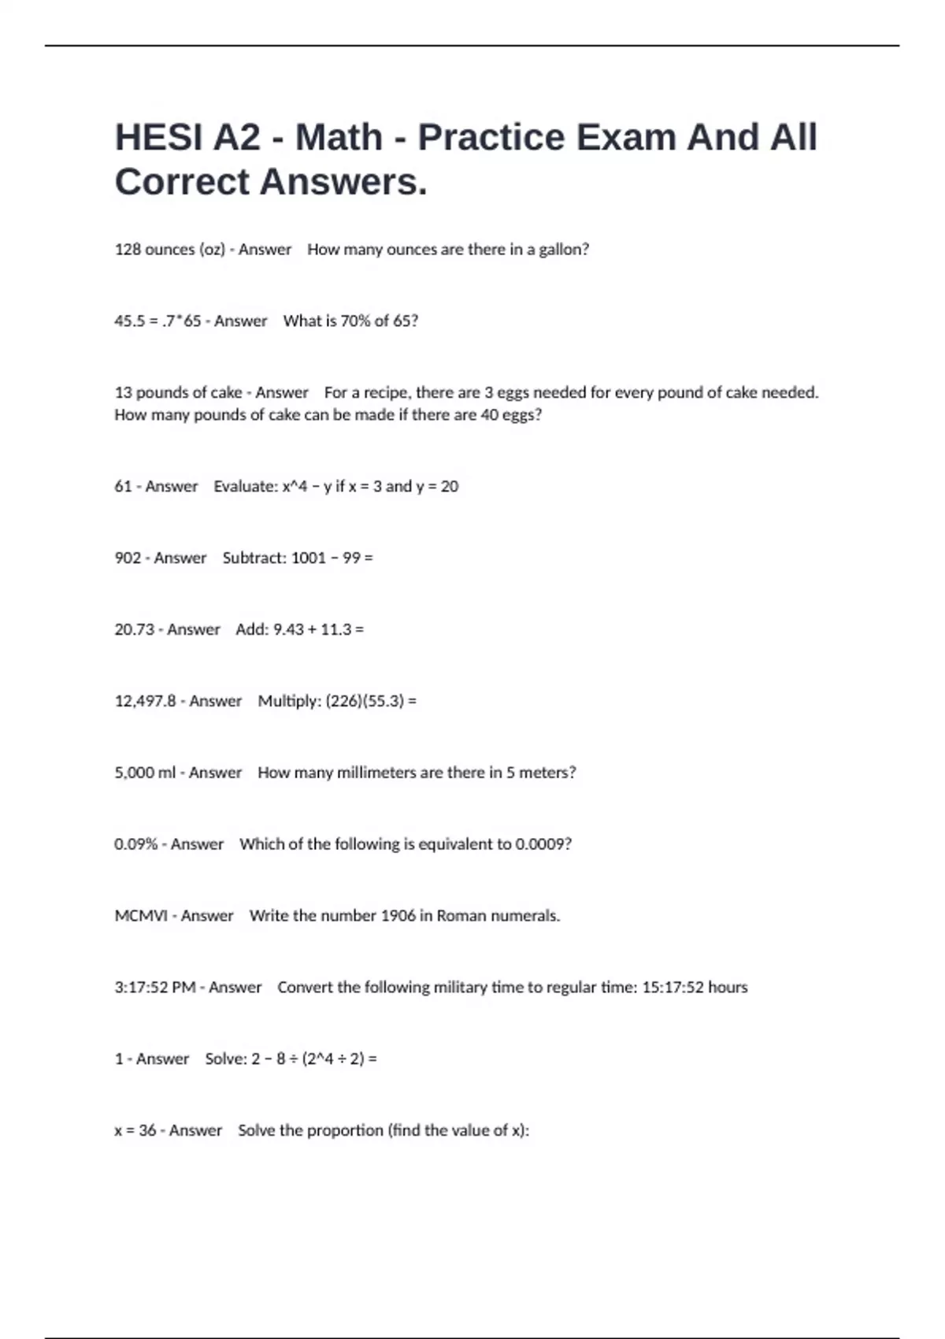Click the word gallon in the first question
point(561,250)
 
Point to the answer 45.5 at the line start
point(129,321)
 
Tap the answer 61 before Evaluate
point(123,487)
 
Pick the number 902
point(128,558)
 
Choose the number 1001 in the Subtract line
point(308,558)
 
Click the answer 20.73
point(134,630)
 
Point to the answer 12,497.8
point(145,701)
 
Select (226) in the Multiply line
point(343,701)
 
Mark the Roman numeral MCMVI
point(141,916)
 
